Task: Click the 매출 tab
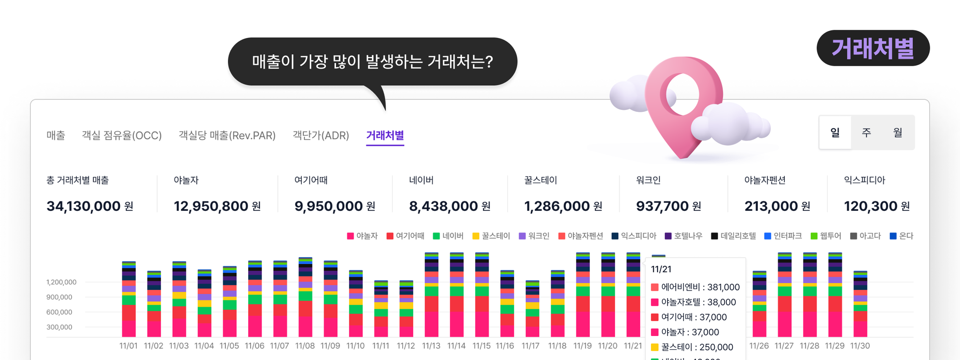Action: (56, 135)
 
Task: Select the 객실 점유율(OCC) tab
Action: (122, 135)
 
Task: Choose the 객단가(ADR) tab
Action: (321, 135)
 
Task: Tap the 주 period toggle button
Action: (866, 132)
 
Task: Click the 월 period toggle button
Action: (898, 132)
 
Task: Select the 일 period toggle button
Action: (835, 132)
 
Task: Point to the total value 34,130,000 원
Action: (90, 206)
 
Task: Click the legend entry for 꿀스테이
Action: (491, 236)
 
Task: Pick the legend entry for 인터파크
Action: (783, 236)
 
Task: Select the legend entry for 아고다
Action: (865, 236)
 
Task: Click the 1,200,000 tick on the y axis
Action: (61, 282)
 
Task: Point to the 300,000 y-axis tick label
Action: (60, 327)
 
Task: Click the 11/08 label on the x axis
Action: (305, 346)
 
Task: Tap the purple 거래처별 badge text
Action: (873, 48)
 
